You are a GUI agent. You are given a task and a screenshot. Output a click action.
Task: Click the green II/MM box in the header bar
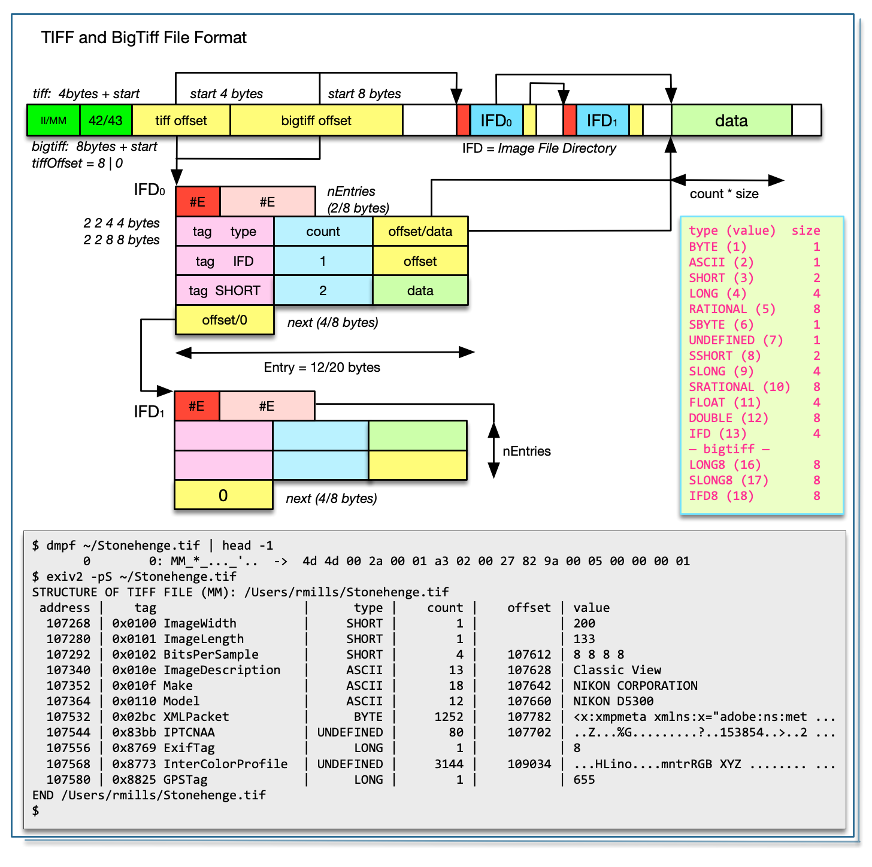coord(53,120)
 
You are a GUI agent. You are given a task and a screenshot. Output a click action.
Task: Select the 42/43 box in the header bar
coord(105,120)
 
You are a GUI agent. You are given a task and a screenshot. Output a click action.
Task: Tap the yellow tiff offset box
coord(181,120)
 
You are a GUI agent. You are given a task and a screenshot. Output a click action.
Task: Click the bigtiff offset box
coord(316,120)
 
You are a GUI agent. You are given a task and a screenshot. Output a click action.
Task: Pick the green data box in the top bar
coord(731,120)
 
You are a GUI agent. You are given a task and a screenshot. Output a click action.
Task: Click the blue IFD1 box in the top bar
coord(602,120)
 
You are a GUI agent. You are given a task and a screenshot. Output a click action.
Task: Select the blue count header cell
coord(323,232)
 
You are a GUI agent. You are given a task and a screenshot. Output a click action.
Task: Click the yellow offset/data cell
coord(420,232)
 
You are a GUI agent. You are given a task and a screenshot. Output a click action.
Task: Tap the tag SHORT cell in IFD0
coord(225,290)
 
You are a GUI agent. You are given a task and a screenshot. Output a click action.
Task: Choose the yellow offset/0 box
coord(225,320)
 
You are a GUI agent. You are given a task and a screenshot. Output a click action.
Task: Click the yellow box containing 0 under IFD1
coord(223,495)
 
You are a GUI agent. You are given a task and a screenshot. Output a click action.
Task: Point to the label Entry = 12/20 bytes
coord(322,367)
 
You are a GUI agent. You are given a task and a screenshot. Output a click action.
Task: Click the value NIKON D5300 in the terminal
coord(613,701)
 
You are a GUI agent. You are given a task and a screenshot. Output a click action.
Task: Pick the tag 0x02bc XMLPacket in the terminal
coord(171,717)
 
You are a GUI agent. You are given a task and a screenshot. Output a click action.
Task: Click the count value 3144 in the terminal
coord(449,764)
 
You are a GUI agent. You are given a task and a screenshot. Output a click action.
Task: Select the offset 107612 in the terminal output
coord(529,654)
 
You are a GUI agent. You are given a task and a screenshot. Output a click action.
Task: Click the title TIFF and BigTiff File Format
coord(144,38)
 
